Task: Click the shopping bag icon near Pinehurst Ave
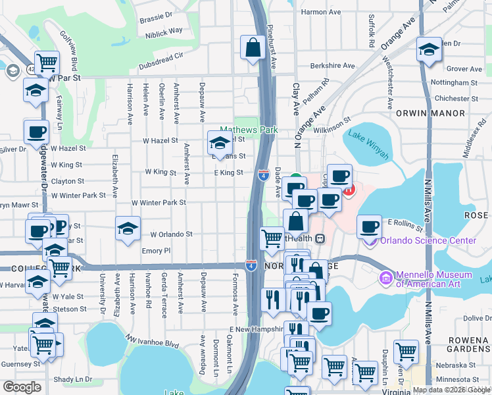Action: pos(253,48)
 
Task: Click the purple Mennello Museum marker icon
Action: pos(385,276)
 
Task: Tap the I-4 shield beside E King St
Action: pos(263,175)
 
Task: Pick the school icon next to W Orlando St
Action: pos(128,228)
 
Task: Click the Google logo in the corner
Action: pos(21,386)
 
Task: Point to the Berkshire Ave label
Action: pos(332,66)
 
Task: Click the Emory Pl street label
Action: pos(156,251)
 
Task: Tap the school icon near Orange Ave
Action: pos(429,50)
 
